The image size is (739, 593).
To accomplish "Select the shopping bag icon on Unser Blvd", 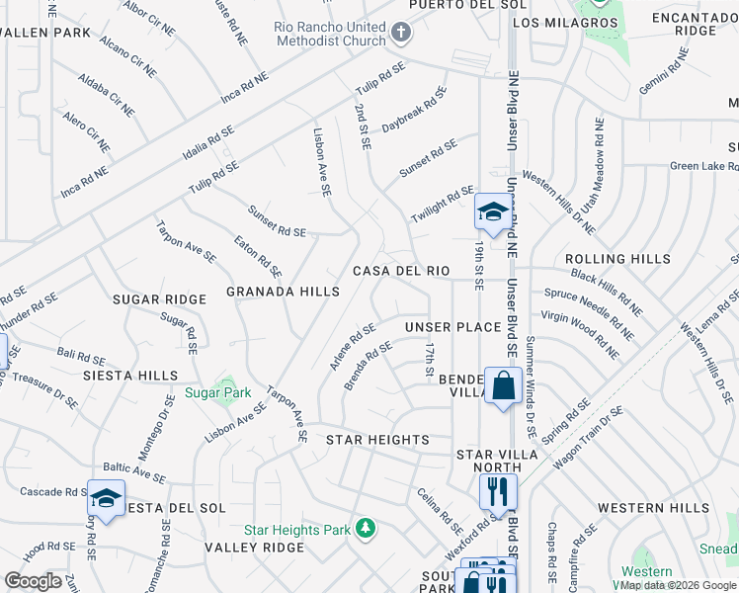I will coord(503,384).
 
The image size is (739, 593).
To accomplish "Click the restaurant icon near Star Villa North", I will coord(498,490).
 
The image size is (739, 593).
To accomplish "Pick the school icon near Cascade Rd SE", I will coord(106,498).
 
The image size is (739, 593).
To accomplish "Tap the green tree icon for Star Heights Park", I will coord(366,530).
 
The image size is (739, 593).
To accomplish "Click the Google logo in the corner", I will coord(33,581).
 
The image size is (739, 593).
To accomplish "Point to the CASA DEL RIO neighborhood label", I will coord(402,271).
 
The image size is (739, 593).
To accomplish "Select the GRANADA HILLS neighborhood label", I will coord(283,292).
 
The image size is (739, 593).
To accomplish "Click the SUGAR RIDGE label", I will coord(159,298).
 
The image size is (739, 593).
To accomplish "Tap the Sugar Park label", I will coord(217,393).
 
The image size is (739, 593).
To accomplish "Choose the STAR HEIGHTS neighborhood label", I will coord(378,439).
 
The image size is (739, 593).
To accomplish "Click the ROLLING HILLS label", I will coord(617,259).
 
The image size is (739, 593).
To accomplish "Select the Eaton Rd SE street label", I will coord(258,255).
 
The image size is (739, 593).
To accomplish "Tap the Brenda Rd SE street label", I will coord(369,366).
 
